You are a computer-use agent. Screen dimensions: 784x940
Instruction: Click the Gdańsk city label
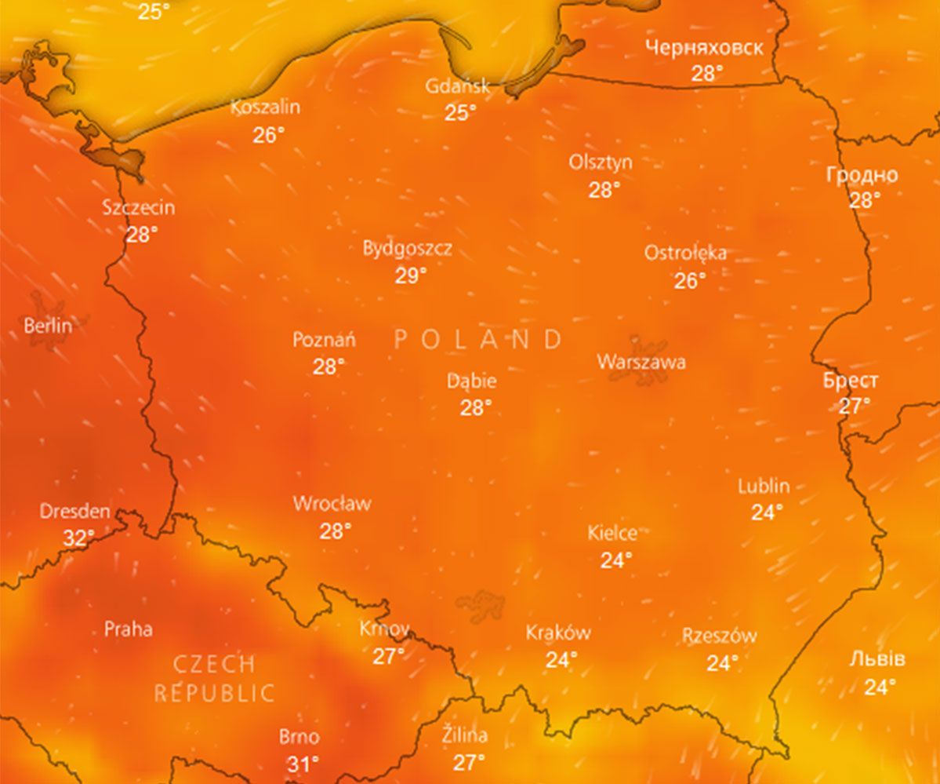coord(458,86)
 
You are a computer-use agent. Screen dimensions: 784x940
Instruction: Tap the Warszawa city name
coord(641,362)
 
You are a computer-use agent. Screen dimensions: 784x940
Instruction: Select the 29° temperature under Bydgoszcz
coord(411,275)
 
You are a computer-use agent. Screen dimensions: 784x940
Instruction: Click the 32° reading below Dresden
coord(78,538)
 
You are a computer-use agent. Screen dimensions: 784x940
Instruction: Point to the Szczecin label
coord(139,208)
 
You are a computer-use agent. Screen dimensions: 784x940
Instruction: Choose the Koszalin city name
coord(266,108)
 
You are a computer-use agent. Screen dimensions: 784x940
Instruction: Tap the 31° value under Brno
coord(303,764)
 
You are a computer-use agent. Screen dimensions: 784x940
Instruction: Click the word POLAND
coord(478,339)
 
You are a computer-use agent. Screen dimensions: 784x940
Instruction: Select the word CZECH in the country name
coord(214,665)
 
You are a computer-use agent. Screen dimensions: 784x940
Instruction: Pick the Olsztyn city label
coord(601,162)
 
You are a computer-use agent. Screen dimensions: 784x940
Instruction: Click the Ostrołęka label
coord(685,253)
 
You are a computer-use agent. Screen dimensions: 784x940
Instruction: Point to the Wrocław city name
coord(332,504)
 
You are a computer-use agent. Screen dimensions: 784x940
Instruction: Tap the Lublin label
coord(764,486)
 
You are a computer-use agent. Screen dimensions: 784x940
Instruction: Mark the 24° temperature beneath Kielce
coord(616,560)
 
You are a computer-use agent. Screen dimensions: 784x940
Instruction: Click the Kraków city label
coord(558,633)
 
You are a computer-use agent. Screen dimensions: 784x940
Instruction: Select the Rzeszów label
coord(719,636)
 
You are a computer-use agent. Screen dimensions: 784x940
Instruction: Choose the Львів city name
coord(877,659)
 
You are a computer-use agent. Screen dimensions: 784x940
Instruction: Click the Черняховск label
coord(704,48)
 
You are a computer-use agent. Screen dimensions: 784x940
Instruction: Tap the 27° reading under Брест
coord(855,407)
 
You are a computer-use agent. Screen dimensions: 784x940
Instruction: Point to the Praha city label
coord(129,629)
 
